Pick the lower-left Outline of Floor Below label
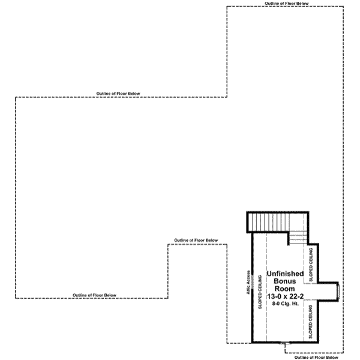click(x=94, y=295)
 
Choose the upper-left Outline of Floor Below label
click(x=118, y=93)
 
